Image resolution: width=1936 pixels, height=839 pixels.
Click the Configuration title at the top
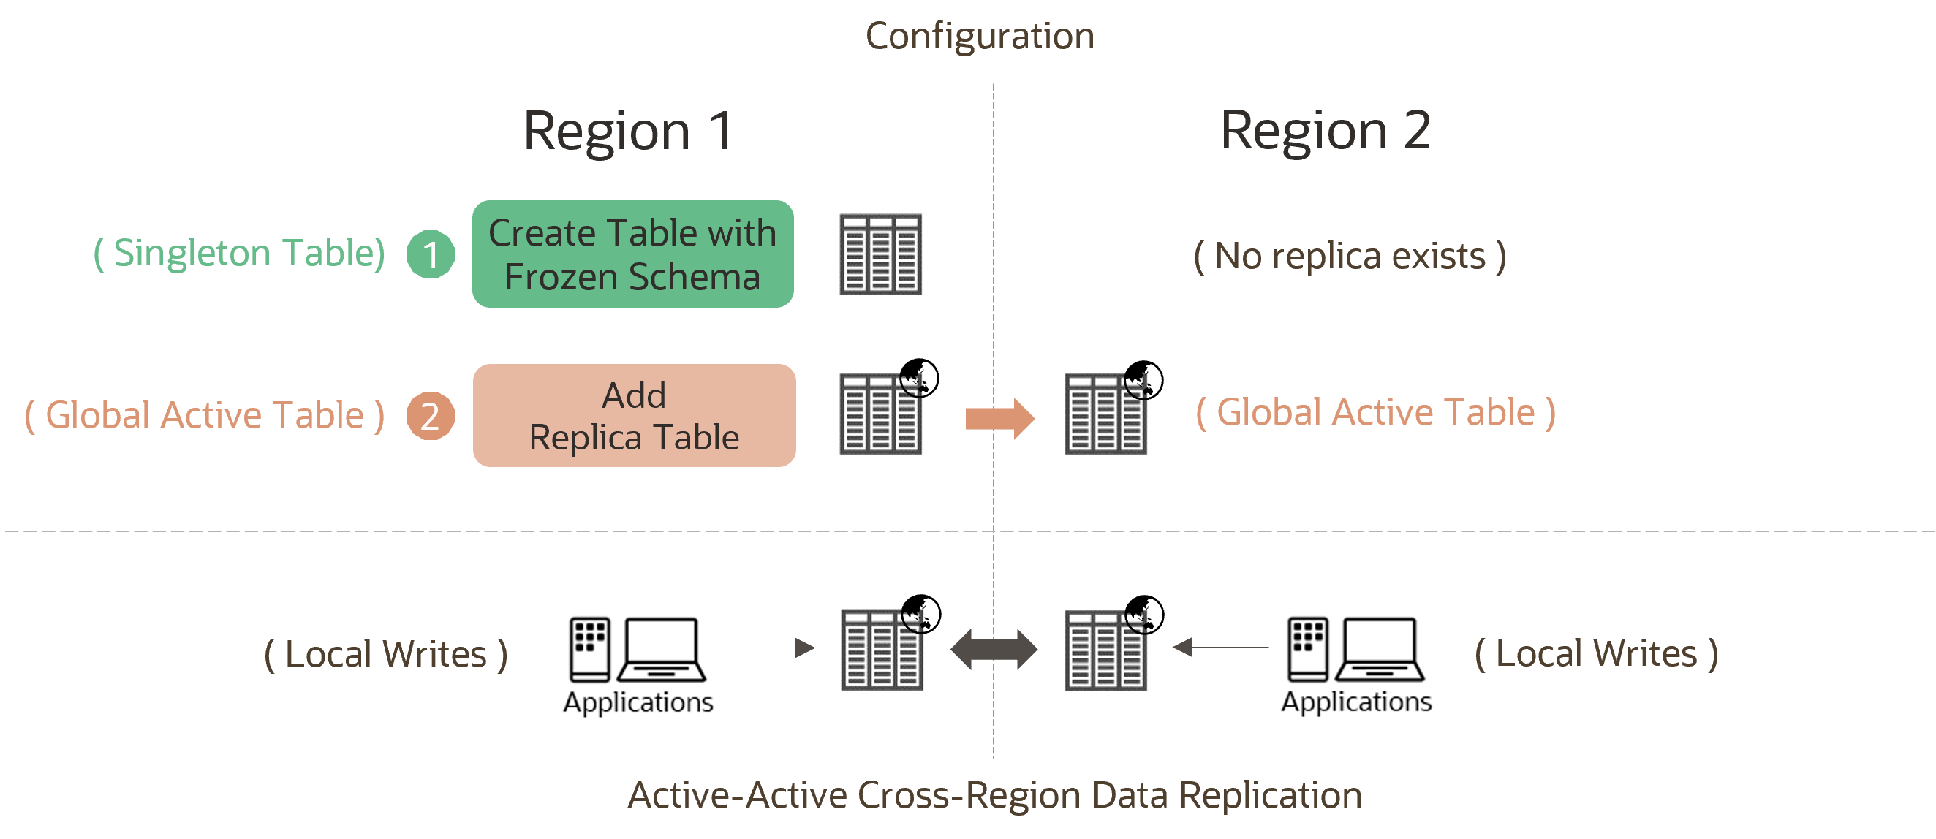(979, 36)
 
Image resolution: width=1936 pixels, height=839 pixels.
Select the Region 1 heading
(627, 131)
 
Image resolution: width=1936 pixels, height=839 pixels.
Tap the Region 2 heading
(1325, 131)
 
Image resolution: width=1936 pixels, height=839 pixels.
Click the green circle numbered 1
(431, 254)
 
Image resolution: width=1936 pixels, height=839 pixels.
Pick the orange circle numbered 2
(431, 415)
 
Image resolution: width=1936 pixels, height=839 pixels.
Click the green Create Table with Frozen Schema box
(633, 254)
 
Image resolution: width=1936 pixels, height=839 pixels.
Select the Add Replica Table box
(635, 415)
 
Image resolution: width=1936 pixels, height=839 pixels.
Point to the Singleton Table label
(239, 253)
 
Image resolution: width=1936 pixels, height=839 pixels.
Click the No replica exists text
(1350, 256)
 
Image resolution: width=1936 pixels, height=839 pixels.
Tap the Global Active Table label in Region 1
(205, 415)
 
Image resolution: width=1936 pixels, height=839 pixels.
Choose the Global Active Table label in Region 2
(1375, 412)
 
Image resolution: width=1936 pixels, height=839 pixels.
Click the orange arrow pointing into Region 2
(999, 418)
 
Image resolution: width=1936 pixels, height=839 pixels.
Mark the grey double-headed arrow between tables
(994, 649)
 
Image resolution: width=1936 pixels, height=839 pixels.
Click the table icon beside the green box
(881, 254)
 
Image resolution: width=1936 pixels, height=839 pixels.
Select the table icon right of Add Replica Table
(881, 413)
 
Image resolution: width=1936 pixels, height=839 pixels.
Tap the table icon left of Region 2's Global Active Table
(1105, 413)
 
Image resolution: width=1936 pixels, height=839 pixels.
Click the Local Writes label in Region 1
(385, 654)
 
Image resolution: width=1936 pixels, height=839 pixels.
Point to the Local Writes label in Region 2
(1596, 654)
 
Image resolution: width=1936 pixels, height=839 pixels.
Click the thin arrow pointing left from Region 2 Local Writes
(1220, 647)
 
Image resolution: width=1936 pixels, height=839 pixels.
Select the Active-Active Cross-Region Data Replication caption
(994, 795)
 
